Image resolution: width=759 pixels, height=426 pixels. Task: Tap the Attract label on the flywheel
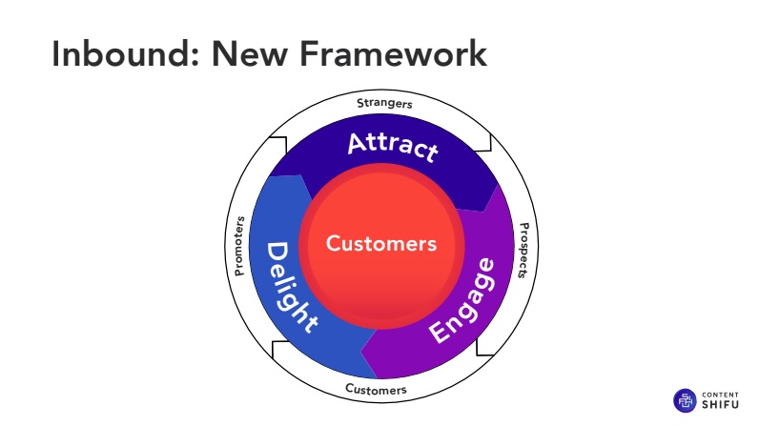(392, 147)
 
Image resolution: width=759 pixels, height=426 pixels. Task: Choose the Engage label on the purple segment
(462, 301)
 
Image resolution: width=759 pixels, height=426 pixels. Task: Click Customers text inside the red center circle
(381, 243)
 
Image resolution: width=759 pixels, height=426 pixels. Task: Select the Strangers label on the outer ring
(384, 102)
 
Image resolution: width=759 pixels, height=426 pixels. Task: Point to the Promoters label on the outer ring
(239, 246)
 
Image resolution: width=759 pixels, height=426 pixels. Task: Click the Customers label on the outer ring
(376, 390)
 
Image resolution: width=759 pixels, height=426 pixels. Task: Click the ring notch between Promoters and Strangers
(277, 145)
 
